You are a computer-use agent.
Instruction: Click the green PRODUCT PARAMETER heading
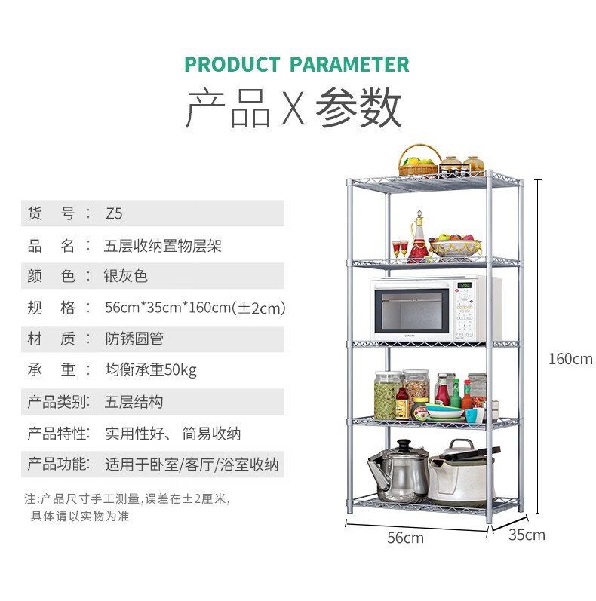(x=297, y=64)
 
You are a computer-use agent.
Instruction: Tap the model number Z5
(x=113, y=213)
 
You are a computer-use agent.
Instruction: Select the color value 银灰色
(x=126, y=276)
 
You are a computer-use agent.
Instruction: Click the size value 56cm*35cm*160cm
(x=195, y=308)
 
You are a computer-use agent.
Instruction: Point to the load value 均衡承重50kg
(x=151, y=370)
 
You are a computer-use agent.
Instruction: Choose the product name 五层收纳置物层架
(x=163, y=245)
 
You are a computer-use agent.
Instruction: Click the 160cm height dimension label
(x=570, y=359)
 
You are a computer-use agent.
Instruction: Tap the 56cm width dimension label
(x=405, y=538)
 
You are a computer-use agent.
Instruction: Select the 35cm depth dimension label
(x=527, y=535)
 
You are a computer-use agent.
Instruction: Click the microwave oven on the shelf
(x=436, y=308)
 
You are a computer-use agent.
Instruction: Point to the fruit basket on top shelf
(x=420, y=161)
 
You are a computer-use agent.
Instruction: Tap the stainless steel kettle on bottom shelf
(x=399, y=475)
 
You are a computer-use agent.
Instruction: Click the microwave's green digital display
(x=465, y=285)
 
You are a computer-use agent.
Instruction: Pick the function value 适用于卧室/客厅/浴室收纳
(x=192, y=465)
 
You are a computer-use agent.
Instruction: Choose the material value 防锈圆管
(x=134, y=339)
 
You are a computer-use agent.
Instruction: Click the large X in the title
(x=293, y=109)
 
